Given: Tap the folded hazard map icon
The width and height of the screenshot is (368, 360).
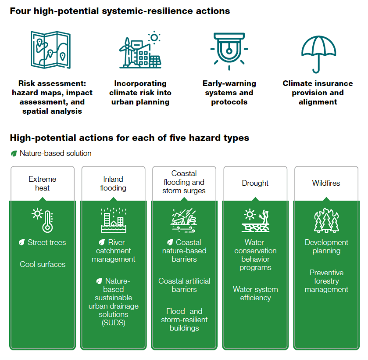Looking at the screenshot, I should click(x=50, y=49).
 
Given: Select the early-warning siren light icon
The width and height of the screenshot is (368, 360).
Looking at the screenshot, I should click(x=229, y=50).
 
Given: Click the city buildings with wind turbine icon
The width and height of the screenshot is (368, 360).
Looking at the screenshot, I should click(x=139, y=51).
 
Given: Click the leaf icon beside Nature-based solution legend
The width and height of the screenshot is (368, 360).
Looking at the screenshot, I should click(x=14, y=154).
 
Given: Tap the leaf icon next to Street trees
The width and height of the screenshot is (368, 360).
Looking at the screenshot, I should click(x=22, y=242).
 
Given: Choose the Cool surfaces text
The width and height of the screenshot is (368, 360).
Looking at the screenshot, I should click(x=43, y=264).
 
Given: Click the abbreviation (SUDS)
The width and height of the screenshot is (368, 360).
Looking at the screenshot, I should click(x=113, y=323).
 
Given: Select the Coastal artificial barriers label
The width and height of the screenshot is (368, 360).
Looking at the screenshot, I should click(x=184, y=285).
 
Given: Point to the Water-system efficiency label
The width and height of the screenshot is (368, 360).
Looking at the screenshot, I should click(x=255, y=294).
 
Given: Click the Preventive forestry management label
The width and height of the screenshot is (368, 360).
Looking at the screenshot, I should click(x=326, y=281).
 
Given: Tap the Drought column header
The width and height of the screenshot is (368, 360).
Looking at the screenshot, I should click(x=255, y=183).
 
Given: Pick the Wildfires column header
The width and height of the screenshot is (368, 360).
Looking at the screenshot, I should click(x=326, y=183).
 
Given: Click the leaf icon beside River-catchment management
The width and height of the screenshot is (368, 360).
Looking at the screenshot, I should click(x=102, y=242).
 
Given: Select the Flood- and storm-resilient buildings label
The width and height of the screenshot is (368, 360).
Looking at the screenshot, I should click(x=184, y=320).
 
